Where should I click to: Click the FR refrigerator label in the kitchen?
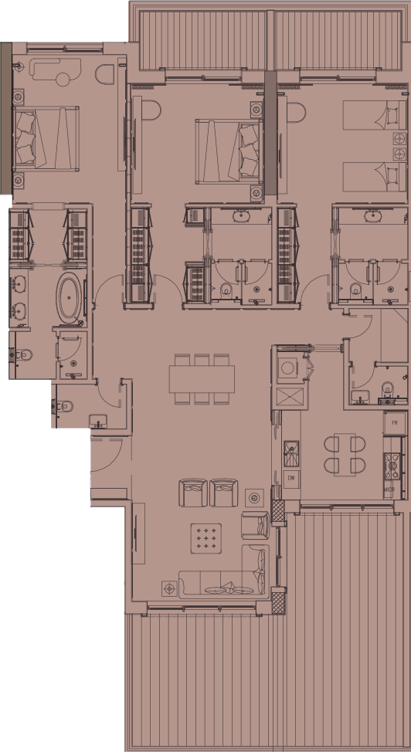pyautogui.click(x=395, y=423)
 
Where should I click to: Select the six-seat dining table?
pyautogui.click(x=202, y=378)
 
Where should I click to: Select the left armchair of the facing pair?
pyautogui.click(x=193, y=492)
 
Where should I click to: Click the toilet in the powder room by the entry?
pyautogui.click(x=66, y=405)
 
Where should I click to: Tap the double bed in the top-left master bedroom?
pyautogui.click(x=46, y=137)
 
